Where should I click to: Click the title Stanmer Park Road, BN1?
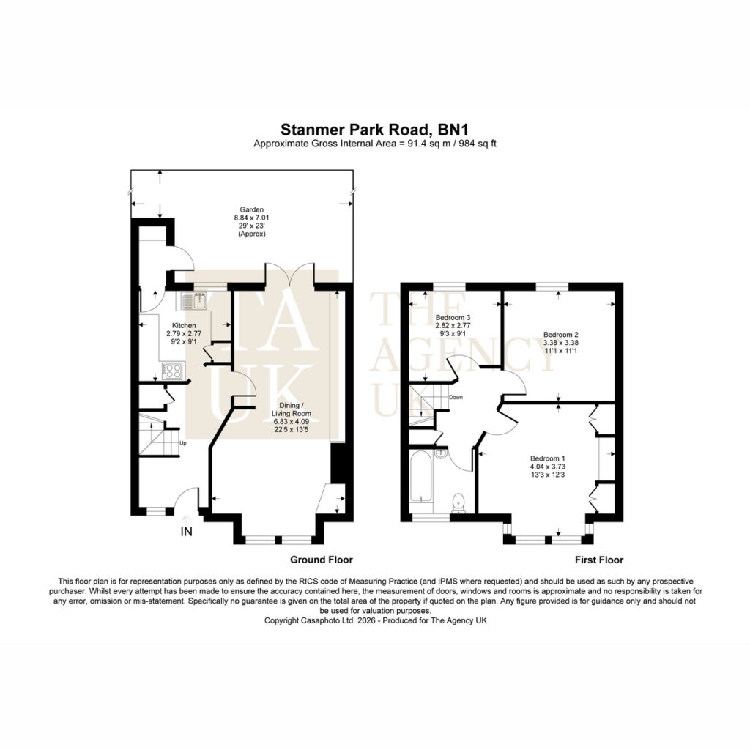(x=374, y=130)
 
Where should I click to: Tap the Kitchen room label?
(x=184, y=326)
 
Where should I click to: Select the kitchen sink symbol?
(x=193, y=301)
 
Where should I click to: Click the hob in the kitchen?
(x=173, y=370)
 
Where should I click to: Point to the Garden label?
(x=252, y=209)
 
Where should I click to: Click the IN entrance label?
(x=186, y=532)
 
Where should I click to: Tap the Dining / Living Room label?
(x=292, y=409)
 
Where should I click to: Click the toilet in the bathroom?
(x=458, y=501)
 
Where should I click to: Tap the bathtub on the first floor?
(x=421, y=476)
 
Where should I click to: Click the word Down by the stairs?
(x=456, y=398)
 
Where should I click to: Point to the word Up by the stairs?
(x=182, y=443)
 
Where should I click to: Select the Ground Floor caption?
(x=322, y=560)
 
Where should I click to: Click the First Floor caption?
(x=599, y=560)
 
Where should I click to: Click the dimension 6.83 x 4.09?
(x=292, y=422)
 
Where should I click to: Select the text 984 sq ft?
(x=478, y=144)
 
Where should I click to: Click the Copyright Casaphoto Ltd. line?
(x=376, y=620)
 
